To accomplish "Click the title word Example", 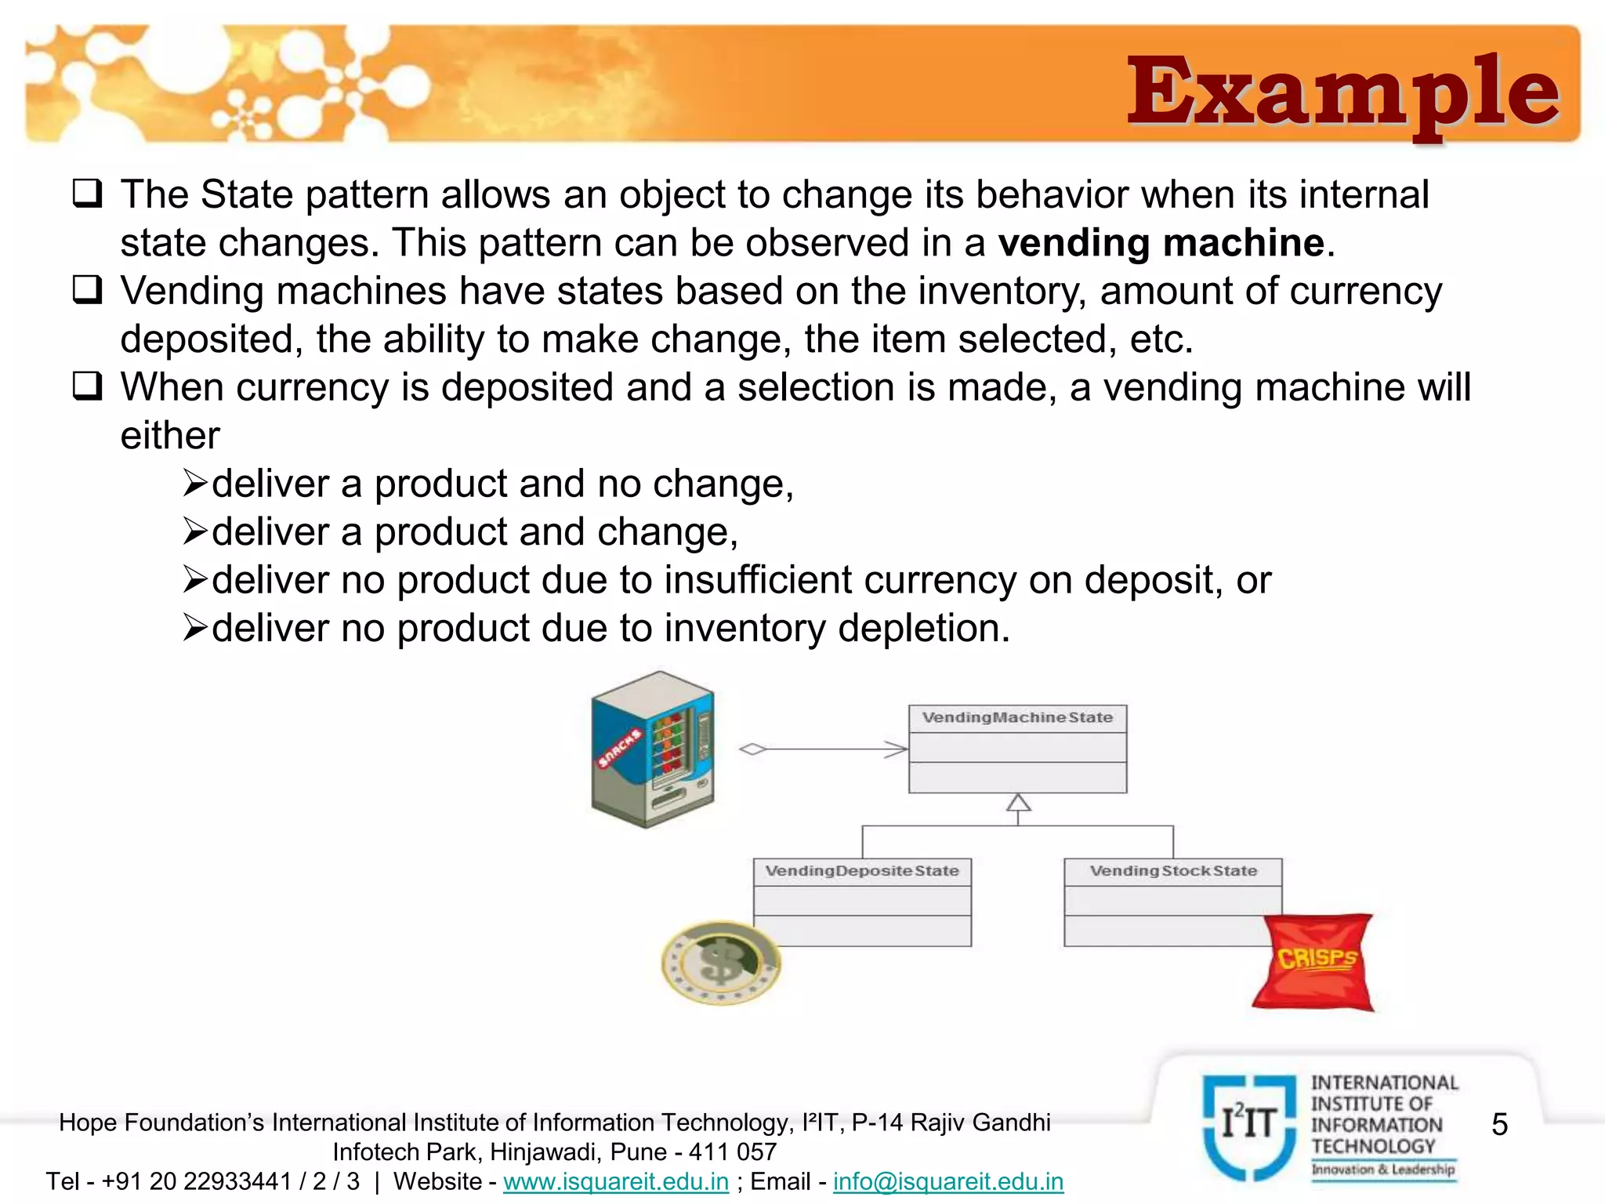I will [1342, 92].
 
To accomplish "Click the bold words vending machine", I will [1161, 243].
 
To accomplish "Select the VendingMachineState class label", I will [1017, 718].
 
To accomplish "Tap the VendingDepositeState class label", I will [862, 872].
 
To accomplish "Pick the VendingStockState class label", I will [1173, 872].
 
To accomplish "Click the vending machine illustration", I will [653, 749].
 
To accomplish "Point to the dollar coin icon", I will [720, 963].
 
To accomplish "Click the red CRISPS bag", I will [1314, 962].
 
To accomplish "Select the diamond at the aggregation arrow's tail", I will [752, 749].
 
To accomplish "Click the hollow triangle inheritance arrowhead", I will [1018, 803].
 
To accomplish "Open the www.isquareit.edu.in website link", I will [616, 1181].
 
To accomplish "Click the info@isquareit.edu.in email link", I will [948, 1181].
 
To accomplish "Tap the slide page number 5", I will [1499, 1125].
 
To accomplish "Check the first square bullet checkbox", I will [87, 194].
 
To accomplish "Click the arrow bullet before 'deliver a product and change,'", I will [195, 531].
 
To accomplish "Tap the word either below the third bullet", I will [170, 436].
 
